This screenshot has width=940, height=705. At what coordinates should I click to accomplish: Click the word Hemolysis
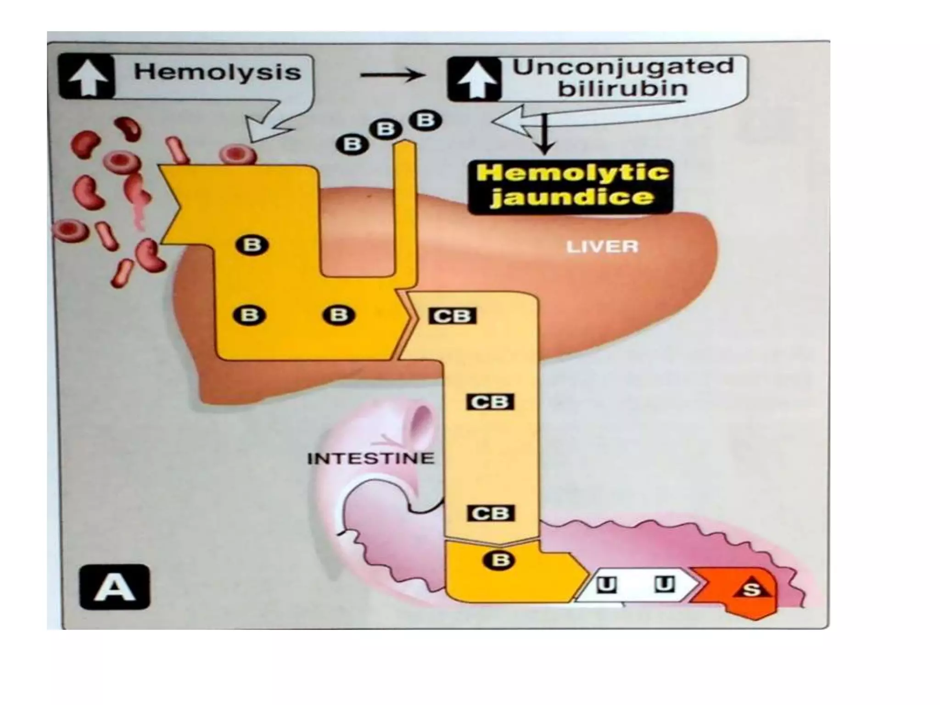217,73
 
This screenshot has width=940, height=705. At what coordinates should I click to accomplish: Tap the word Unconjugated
623,67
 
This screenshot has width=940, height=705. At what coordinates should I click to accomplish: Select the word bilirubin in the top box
623,89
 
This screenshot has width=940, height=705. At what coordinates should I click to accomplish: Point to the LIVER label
602,247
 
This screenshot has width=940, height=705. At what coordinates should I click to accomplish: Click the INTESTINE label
370,458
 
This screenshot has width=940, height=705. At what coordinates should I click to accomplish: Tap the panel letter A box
114,587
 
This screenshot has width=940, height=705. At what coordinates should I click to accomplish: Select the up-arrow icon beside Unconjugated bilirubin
475,79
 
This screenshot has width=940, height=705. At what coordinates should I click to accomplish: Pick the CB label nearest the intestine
490,513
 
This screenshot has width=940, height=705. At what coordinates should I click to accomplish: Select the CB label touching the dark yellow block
452,316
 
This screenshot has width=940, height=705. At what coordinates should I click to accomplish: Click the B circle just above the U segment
500,560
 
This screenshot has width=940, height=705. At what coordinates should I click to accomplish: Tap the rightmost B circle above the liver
425,121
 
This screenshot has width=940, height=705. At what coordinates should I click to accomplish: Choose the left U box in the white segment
606,585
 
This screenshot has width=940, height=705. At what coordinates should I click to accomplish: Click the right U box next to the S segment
664,585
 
